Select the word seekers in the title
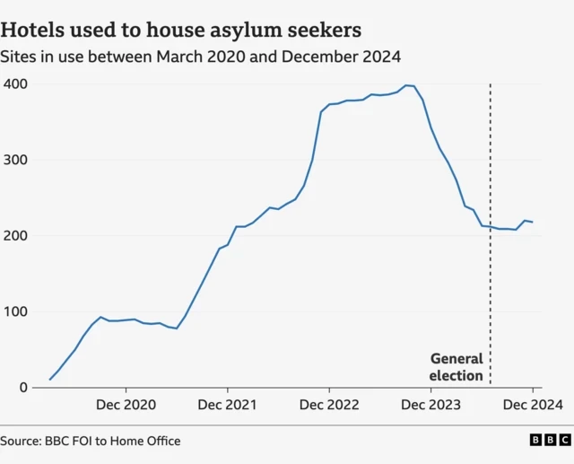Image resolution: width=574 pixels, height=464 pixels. click(x=324, y=30)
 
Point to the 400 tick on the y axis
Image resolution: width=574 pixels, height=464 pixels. click(x=15, y=83)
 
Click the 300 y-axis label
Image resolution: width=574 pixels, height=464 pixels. click(x=15, y=160)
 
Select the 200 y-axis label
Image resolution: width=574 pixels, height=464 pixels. click(x=15, y=236)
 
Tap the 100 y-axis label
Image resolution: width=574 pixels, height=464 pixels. click(x=15, y=312)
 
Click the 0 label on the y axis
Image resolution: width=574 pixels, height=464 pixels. click(x=22, y=388)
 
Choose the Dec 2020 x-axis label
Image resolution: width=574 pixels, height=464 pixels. click(x=126, y=406)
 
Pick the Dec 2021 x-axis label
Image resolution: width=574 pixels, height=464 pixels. click(x=228, y=406)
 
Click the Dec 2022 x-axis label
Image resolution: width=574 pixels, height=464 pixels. click(x=329, y=406)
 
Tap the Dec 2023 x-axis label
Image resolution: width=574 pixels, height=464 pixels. click(x=431, y=406)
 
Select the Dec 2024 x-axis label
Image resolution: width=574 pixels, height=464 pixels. click(x=532, y=406)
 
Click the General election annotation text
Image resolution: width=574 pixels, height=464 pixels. click(x=456, y=367)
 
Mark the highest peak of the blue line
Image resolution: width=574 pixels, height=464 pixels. click(x=406, y=85)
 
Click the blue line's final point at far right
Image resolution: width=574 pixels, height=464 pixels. click(x=533, y=222)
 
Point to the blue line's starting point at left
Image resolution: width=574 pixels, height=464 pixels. click(x=49, y=380)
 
